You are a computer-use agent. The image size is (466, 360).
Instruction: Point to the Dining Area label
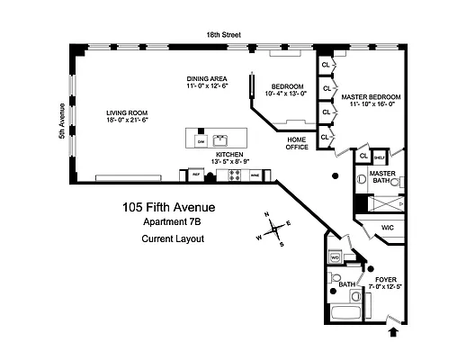207,78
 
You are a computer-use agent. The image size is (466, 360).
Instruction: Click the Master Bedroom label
370,96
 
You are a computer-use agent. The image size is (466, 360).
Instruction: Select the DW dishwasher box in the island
201,142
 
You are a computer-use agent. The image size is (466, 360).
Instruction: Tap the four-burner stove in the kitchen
235,175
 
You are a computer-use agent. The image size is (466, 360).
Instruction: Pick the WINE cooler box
255,175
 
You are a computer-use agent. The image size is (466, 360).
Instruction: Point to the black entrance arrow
391,333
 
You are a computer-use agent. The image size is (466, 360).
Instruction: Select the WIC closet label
388,227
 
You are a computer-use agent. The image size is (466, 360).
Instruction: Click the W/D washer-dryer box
335,257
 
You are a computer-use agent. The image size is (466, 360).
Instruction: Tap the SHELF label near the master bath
380,155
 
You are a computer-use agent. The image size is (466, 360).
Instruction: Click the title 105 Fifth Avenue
169,208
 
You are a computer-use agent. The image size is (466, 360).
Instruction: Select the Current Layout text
174,238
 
